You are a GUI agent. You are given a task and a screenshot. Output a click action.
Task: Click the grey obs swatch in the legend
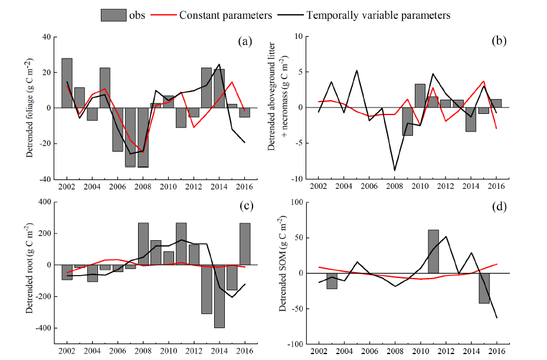114,15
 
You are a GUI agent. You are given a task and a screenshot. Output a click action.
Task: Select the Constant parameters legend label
225,15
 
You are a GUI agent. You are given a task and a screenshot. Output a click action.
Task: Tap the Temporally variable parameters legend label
378,15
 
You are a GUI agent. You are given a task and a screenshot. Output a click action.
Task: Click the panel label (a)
245,41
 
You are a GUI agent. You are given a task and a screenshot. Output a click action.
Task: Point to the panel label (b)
499,41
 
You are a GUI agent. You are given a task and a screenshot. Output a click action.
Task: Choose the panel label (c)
246,206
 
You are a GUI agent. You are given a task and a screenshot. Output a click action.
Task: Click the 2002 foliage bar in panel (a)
67,83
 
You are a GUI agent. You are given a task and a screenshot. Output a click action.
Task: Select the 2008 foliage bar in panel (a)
143,138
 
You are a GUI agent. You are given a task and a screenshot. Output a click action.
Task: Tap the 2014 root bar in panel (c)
220,296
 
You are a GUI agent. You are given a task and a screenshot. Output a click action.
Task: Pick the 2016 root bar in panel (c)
245,244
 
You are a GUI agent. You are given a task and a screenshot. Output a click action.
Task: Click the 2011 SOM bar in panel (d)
433,251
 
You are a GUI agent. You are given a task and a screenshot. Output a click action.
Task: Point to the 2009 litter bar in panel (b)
407,122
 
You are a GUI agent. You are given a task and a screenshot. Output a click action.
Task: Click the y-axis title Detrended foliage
30,108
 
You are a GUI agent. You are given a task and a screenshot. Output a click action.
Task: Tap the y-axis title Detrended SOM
283,264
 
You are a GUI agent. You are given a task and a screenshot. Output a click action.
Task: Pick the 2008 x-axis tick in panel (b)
395,186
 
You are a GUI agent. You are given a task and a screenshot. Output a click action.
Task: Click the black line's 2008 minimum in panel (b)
395,171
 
